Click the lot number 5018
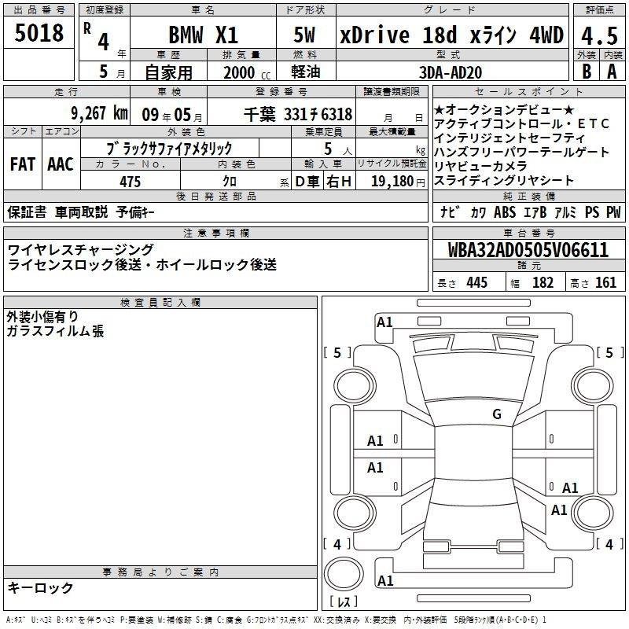(39, 33)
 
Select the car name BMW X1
(204, 35)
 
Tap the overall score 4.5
(599, 36)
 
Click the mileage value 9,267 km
(100, 113)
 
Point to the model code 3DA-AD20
(451, 72)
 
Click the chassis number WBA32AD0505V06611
(528, 250)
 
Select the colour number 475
(131, 182)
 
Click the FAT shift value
(23, 164)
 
